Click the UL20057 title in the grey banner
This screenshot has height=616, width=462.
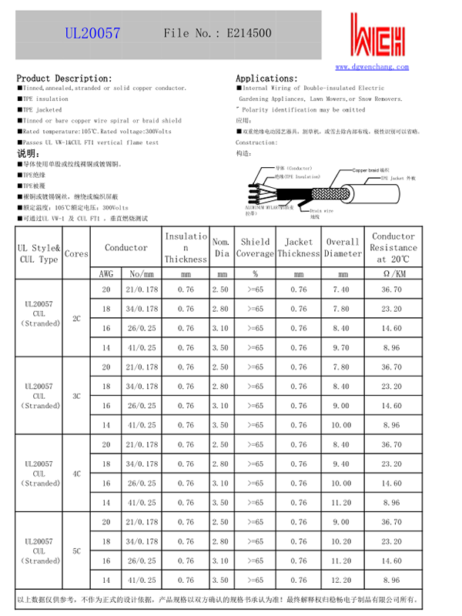tap(92, 33)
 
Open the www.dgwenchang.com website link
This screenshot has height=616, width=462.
tap(372, 68)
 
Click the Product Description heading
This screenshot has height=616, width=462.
tap(65, 79)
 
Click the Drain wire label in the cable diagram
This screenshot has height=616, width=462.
tap(321, 209)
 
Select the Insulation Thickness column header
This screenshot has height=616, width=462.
tap(186, 247)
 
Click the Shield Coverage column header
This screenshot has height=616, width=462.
tap(255, 247)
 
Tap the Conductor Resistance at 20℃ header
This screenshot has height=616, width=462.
tap(393, 247)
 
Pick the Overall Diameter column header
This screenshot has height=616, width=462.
tap(343, 247)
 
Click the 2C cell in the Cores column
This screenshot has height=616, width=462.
tap(76, 318)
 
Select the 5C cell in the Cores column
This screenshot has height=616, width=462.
tap(76, 551)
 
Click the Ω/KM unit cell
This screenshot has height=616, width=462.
tap(393, 273)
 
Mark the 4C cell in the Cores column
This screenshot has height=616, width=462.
tap(76, 474)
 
